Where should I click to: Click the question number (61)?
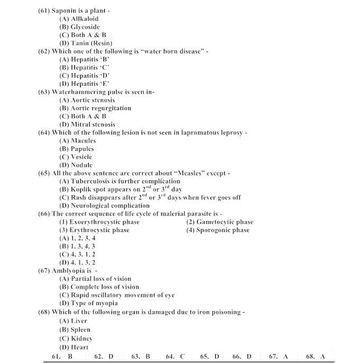coord(44,11)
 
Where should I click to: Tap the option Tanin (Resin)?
coord(85,43)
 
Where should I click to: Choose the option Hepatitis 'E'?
coord(84,84)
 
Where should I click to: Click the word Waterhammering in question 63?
coord(78,92)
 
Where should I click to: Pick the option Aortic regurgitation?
coord(95,108)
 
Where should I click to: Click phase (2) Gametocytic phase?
coord(220,222)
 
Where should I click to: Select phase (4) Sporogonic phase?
coord(218,230)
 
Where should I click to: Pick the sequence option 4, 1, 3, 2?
coord(77,262)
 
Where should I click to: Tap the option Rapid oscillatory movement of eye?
coord(116,295)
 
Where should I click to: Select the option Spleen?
coord(75,329)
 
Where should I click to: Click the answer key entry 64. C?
coord(175,357)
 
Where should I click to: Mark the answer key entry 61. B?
coord(62,357)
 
